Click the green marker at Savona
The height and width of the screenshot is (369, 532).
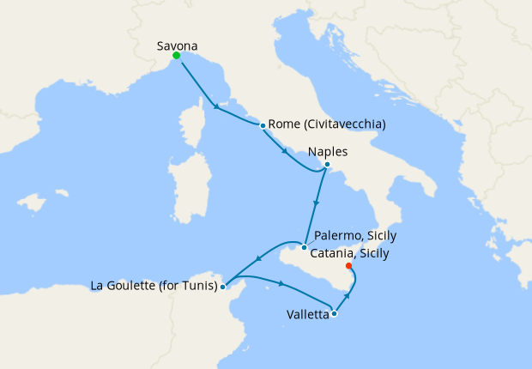point(176,56)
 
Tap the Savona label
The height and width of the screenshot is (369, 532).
point(178,43)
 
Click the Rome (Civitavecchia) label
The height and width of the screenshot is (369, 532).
point(327,124)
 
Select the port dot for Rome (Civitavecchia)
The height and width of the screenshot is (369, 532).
point(262,125)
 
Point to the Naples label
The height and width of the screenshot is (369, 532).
point(327,151)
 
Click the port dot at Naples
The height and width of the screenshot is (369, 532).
point(327,164)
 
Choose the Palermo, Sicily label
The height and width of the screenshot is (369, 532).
point(355,236)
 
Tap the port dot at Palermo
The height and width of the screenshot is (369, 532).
point(304,248)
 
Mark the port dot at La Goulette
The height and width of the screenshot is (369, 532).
point(223,286)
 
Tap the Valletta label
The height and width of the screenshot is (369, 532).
point(308,315)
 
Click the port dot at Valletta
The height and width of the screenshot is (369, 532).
point(334,313)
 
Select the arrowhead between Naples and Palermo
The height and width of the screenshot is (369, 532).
point(317,204)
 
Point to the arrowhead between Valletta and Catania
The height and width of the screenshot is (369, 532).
point(348,296)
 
